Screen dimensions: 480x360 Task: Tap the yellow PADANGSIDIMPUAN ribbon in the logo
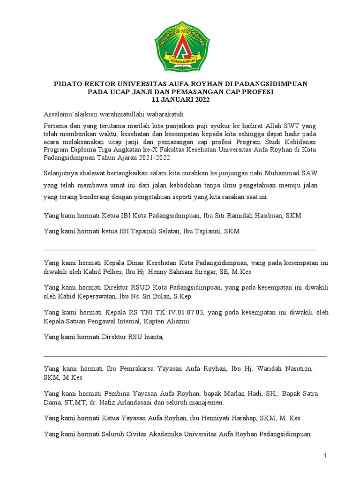coord(180,60)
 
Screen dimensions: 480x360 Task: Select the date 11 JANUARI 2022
coord(180,100)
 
